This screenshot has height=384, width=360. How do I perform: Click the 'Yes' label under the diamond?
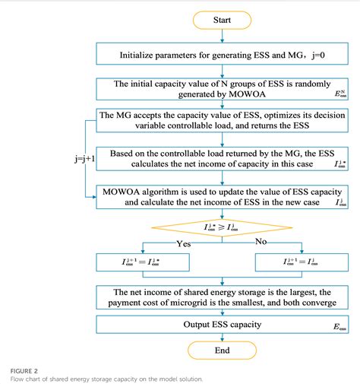(x=185, y=245)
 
